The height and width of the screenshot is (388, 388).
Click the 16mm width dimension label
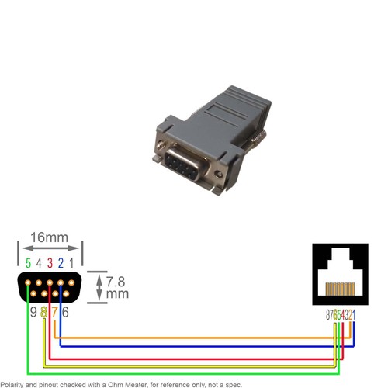point(48,237)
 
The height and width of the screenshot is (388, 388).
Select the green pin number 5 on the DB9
point(28,263)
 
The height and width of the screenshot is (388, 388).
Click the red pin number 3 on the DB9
point(49,263)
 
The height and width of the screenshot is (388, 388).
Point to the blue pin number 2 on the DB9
point(60,263)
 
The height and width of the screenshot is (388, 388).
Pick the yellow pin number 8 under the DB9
point(44,312)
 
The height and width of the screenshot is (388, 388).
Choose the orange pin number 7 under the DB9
point(54,312)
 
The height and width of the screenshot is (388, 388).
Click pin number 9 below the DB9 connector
point(33,312)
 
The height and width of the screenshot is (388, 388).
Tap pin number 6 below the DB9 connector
point(65,312)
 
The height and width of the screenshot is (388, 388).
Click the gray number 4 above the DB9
point(38,263)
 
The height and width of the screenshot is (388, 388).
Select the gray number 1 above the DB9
point(71,263)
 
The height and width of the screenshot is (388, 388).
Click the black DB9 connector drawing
point(49,288)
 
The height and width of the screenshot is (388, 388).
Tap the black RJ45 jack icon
point(340,273)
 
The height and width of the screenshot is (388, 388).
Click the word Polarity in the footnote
point(16,384)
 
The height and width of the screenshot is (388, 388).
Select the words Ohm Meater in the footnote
point(130,384)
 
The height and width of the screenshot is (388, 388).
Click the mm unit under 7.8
point(117,295)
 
